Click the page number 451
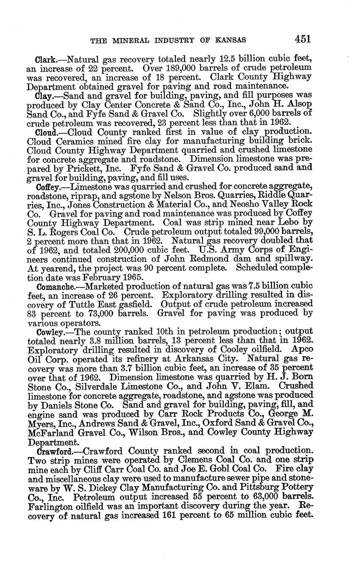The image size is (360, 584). point(303,39)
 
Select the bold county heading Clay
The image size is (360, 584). point(44,96)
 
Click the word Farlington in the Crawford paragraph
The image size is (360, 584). point(52,506)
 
